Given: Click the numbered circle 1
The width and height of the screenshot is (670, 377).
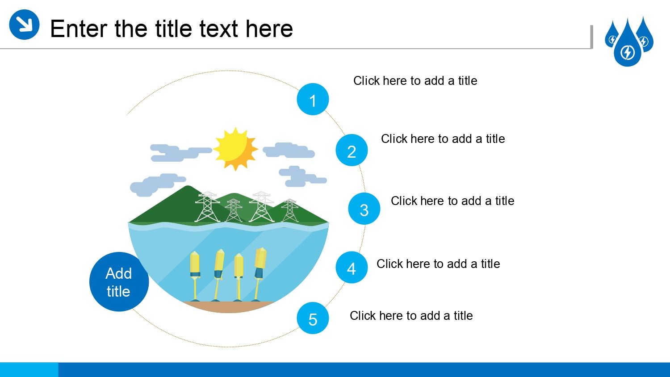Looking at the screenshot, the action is click(x=313, y=99).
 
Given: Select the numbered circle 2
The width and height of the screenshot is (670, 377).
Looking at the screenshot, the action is click(x=352, y=150).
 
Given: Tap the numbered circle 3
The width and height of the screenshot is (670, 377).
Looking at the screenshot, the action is click(x=364, y=209).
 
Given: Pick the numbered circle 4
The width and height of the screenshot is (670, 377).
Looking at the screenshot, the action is click(x=352, y=267).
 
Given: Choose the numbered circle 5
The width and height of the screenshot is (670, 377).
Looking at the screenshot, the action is click(x=313, y=318).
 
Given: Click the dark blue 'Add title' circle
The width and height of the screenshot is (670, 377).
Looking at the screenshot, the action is click(x=119, y=281).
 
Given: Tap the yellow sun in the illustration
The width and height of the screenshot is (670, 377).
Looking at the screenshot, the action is click(x=235, y=149).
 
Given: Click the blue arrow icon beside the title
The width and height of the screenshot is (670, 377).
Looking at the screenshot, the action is click(x=24, y=24).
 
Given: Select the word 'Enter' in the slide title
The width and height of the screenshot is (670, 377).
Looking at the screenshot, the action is click(x=79, y=29).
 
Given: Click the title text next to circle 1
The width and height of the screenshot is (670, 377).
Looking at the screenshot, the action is click(x=415, y=81).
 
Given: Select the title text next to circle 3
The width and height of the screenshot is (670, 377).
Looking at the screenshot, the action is click(x=452, y=201).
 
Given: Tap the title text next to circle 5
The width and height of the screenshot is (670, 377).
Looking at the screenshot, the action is click(x=411, y=316).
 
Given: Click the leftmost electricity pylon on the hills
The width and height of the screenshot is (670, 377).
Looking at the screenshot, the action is click(x=207, y=207).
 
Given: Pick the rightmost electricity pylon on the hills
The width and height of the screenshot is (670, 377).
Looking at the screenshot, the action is click(x=289, y=210).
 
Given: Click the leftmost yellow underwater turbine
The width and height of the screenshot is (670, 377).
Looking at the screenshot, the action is click(x=195, y=276).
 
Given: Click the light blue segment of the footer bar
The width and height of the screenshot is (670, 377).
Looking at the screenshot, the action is click(x=29, y=370).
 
